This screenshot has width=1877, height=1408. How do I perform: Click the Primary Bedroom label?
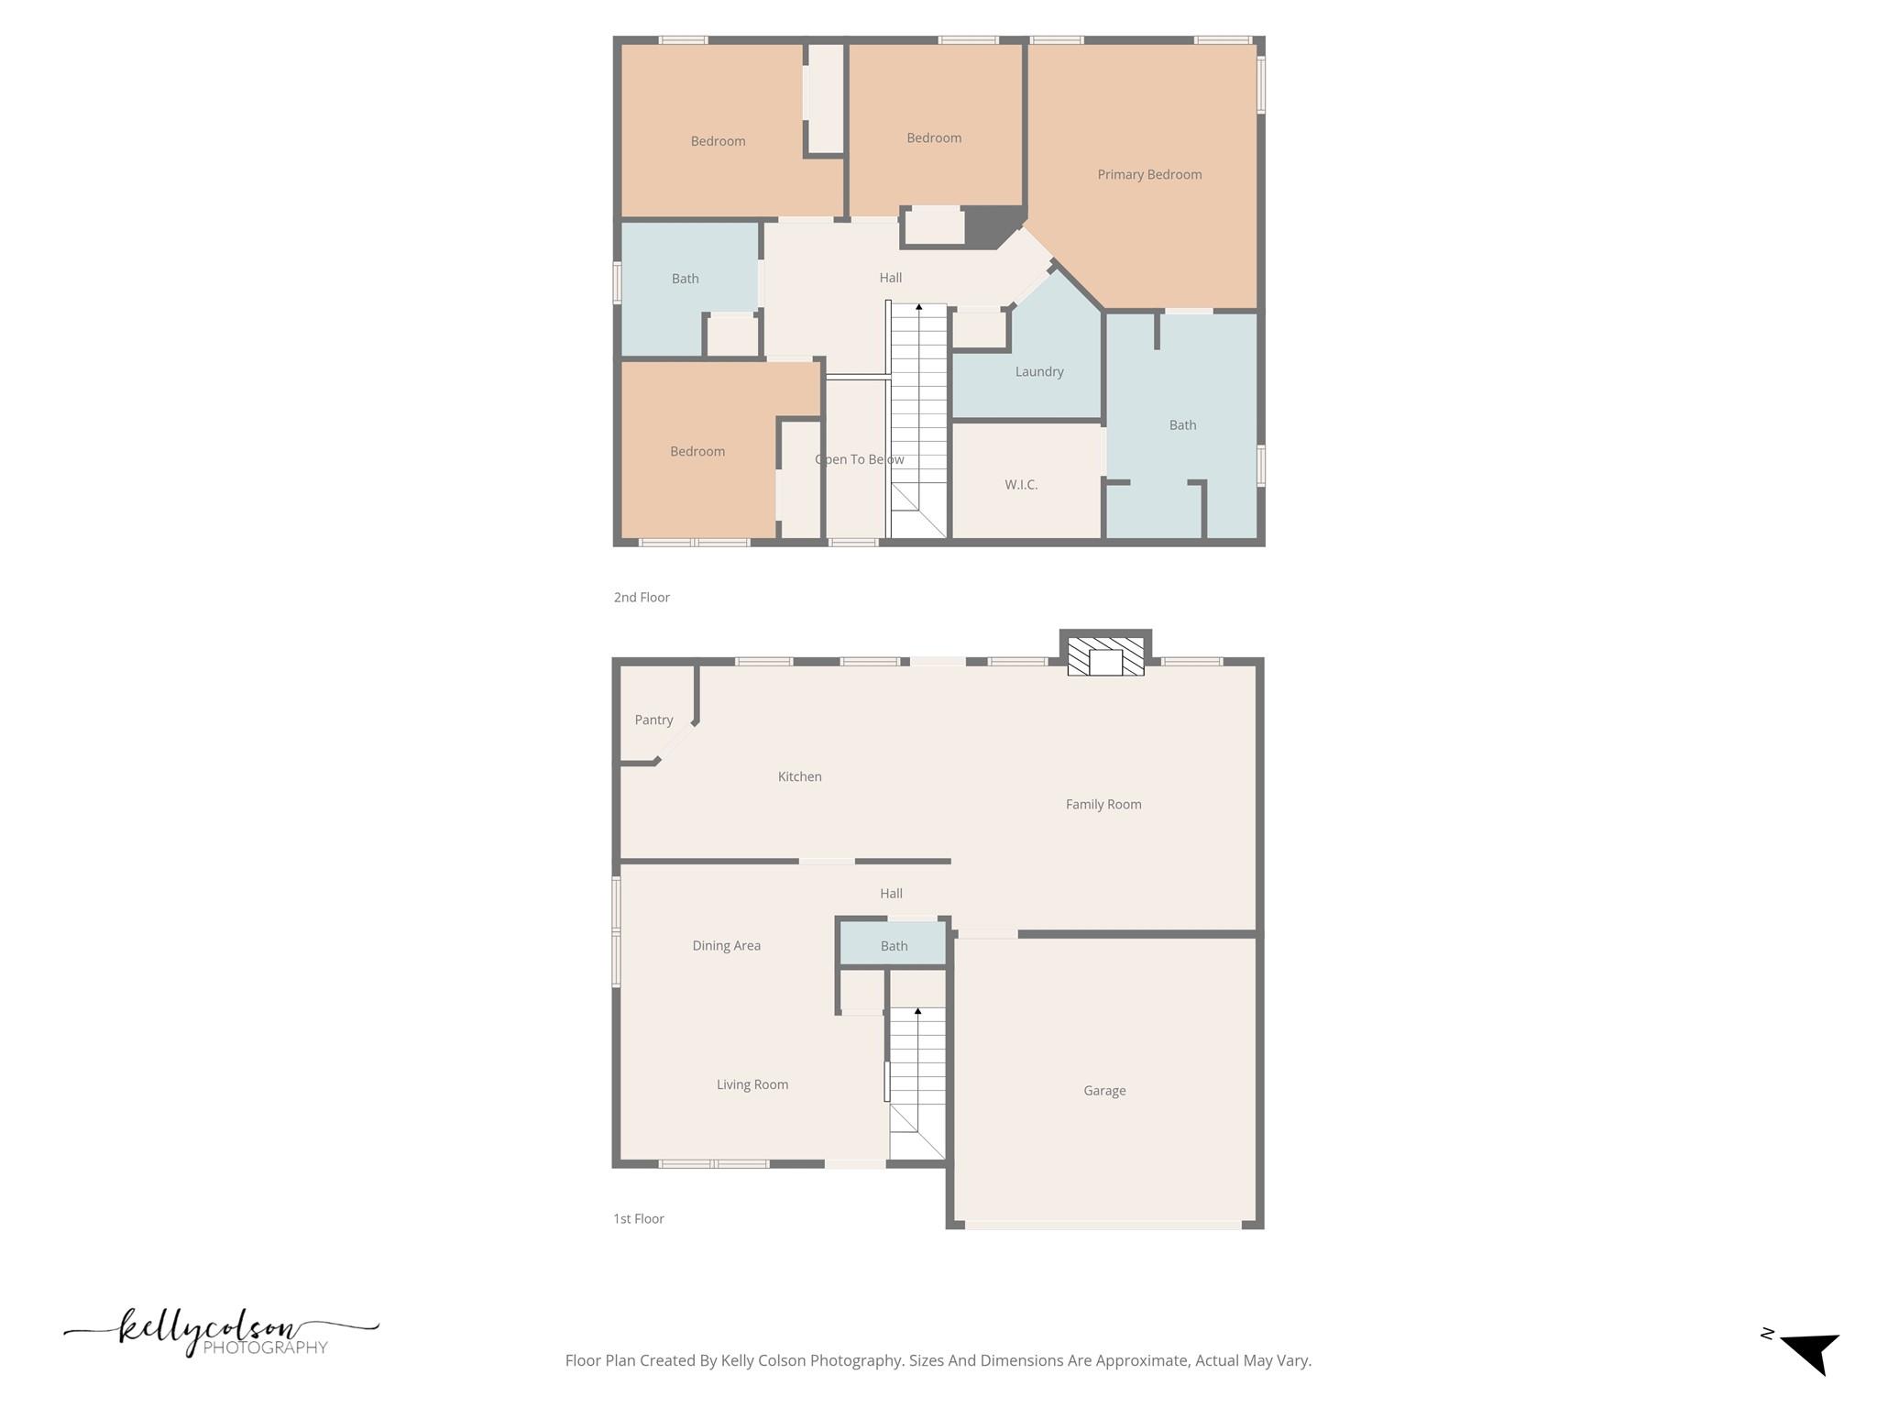click(x=1149, y=174)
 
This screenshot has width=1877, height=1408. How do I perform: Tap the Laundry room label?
click(x=1039, y=371)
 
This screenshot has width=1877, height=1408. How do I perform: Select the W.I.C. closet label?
click(x=1021, y=484)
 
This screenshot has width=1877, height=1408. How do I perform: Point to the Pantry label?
click(x=653, y=720)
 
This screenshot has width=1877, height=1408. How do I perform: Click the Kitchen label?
click(x=799, y=776)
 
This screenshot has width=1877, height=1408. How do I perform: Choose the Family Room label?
click(x=1103, y=804)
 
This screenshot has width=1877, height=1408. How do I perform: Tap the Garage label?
click(x=1104, y=1090)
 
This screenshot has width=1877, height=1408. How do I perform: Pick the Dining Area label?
click(x=726, y=945)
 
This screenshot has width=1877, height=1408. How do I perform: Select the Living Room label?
click(x=752, y=1084)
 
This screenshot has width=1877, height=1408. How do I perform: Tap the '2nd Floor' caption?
click(x=642, y=597)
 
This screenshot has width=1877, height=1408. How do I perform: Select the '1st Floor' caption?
click(x=638, y=1218)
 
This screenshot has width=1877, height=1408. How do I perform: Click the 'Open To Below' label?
click(x=859, y=459)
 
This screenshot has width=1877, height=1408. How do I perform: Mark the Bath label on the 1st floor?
click(x=894, y=946)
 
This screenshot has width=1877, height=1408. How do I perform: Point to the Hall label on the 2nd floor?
click(x=890, y=278)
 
